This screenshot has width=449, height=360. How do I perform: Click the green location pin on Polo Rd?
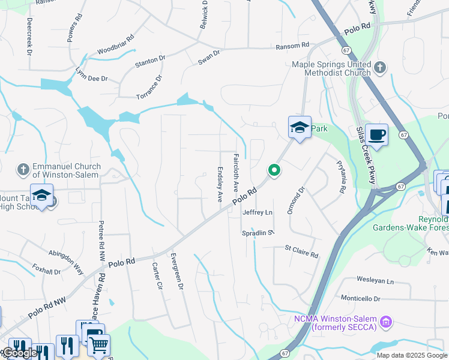(x=274, y=170)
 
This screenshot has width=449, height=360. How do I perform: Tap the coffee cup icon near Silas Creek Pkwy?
(x=376, y=134)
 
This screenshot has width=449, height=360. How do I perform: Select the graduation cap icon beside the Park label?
(x=300, y=127)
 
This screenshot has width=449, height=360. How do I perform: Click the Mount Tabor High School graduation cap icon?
(x=41, y=196)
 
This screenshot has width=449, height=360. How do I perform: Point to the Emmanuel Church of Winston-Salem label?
(x=66, y=170)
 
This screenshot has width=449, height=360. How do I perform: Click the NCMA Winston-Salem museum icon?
(x=386, y=322)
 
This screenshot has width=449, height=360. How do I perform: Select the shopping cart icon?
(x=98, y=344)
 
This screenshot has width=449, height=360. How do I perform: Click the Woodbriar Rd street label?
(x=115, y=51)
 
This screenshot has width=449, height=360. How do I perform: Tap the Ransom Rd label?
(x=292, y=46)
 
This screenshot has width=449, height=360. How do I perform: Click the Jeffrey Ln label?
(x=258, y=212)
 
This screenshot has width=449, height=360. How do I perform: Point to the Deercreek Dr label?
(x=29, y=35)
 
